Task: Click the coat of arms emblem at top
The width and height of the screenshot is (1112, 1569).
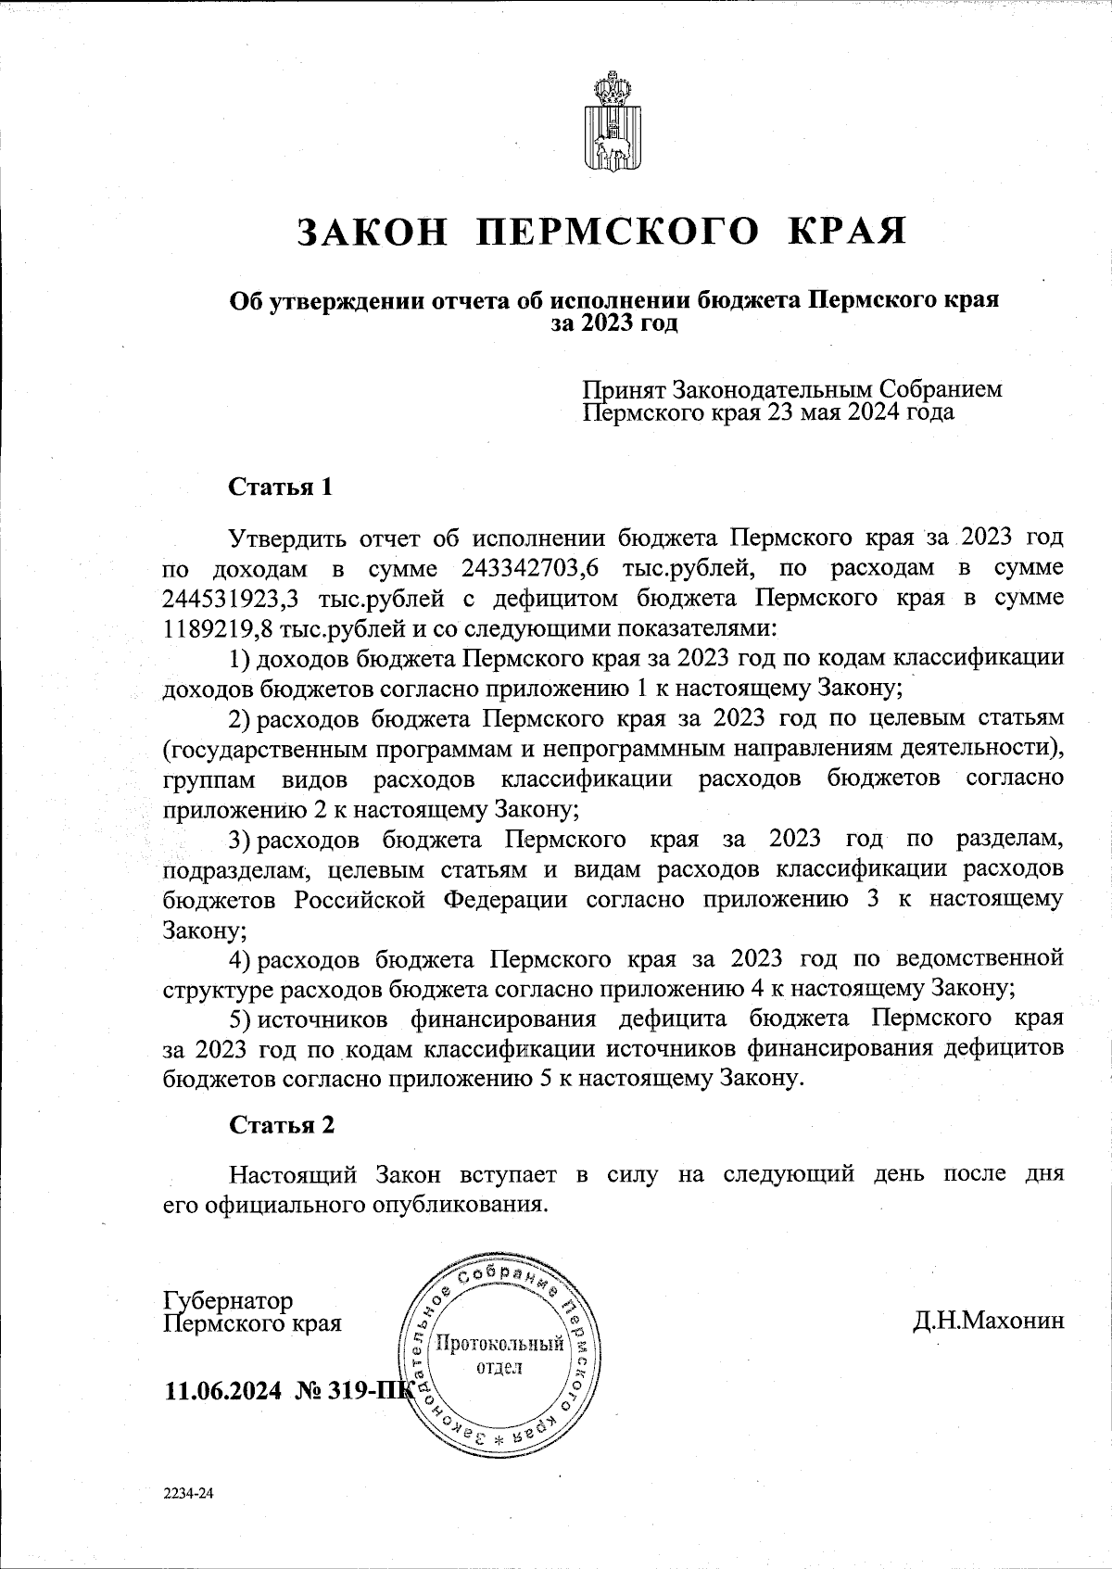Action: pyautogui.click(x=611, y=123)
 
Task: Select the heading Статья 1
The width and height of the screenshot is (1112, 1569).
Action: pyautogui.click(x=280, y=487)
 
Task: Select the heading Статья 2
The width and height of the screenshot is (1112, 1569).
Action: pyautogui.click(x=282, y=1126)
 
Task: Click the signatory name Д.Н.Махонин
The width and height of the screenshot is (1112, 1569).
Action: pyautogui.click(x=989, y=1321)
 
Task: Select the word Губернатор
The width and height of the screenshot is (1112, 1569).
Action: pyautogui.click(x=228, y=1301)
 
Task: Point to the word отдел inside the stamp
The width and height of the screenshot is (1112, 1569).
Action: pyautogui.click(x=499, y=1368)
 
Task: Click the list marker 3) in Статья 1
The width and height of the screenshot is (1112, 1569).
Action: pyautogui.click(x=240, y=840)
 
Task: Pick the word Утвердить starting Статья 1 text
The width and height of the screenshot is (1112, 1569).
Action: pyautogui.click(x=288, y=538)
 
